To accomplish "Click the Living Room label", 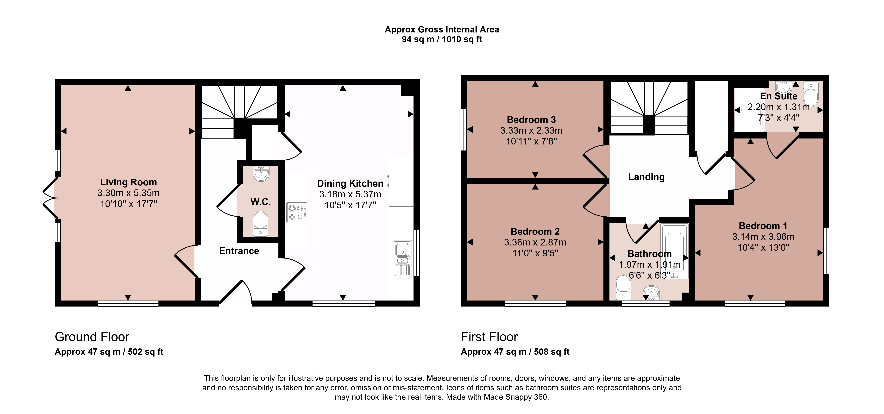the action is [128, 182].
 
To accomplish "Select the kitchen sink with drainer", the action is [402, 259].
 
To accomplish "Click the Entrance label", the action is [239, 251].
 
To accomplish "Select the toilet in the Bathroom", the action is [623, 287].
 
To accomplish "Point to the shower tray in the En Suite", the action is [749, 109].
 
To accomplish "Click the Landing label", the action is [646, 177].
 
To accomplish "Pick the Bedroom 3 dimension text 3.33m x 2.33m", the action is [531, 130].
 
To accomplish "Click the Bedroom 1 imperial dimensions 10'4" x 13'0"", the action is [764, 248].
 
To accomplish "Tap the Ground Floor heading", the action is [92, 337].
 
